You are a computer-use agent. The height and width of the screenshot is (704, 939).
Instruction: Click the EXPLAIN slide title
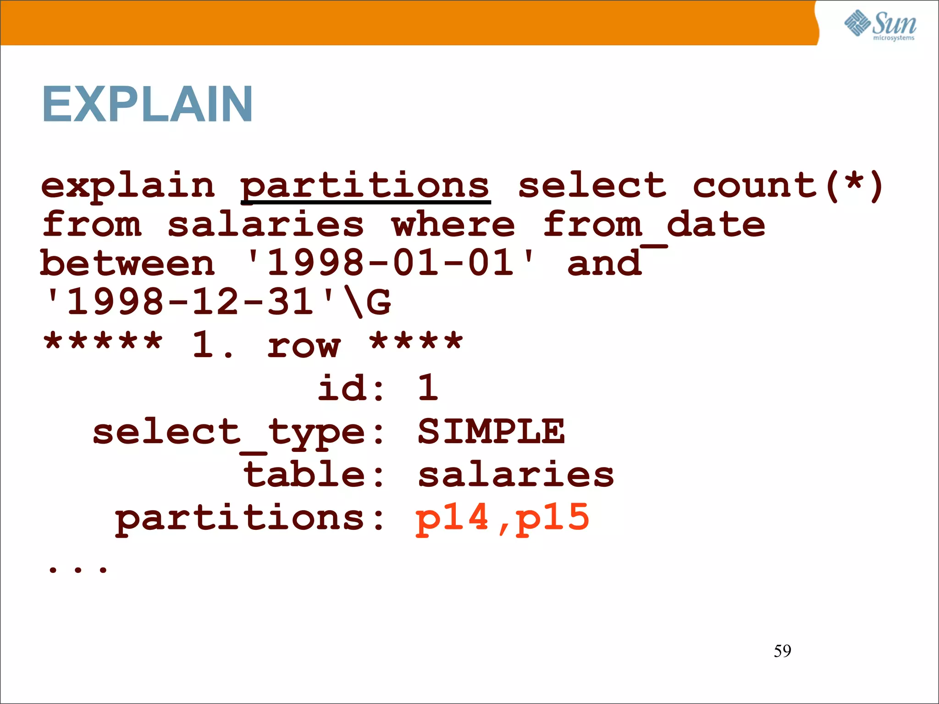(x=147, y=104)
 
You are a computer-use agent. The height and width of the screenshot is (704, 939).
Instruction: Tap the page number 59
(x=782, y=651)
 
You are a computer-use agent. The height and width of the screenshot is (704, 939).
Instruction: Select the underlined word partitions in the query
(x=365, y=186)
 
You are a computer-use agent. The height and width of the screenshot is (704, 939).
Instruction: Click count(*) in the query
(x=788, y=186)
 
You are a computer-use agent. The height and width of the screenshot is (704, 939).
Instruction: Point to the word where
(x=453, y=225)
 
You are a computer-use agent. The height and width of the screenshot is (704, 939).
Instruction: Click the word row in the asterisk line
(x=304, y=345)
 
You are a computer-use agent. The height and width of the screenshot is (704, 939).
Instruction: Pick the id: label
(x=351, y=388)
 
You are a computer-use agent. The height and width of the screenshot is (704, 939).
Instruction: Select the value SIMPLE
(x=491, y=432)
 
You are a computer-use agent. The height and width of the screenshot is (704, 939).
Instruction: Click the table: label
(x=314, y=475)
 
